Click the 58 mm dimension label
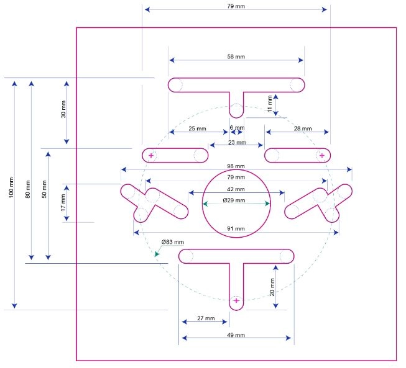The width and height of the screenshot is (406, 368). [x=236, y=56]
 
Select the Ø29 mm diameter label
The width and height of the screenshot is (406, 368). [x=234, y=200]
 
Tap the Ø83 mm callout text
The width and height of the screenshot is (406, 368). [x=172, y=242]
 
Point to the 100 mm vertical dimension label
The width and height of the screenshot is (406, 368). [x=11, y=187]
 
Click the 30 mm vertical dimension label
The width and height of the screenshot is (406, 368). [x=63, y=109]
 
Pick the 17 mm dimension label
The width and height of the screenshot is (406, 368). [x=63, y=203]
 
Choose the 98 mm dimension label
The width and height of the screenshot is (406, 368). [x=236, y=166]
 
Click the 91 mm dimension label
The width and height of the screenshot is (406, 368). [x=236, y=228]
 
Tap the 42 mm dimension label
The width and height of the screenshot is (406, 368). [x=236, y=189]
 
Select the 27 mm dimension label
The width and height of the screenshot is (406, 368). [x=206, y=318]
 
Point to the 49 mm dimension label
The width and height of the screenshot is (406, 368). [x=236, y=335]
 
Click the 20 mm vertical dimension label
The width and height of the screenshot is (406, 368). [x=272, y=287]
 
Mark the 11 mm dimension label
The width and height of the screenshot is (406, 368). [x=270, y=104]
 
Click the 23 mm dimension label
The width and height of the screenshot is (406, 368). [x=237, y=142]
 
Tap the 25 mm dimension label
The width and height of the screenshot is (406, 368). [x=197, y=128]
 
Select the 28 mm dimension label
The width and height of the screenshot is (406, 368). [x=303, y=128]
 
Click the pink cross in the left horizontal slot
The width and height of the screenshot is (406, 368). [x=151, y=155]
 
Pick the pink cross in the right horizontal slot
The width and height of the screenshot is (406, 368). [x=322, y=155]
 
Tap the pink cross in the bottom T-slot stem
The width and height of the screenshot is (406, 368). [x=236, y=300]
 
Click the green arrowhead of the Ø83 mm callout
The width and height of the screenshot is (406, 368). [x=157, y=254]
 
